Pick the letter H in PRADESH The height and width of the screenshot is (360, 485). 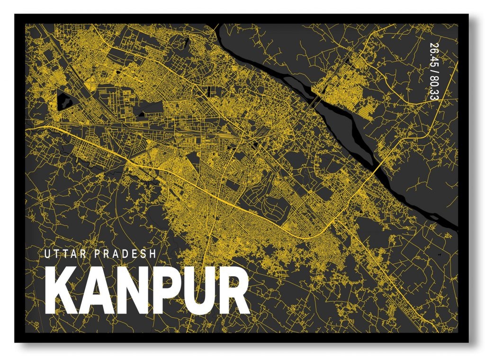click(x=152, y=254)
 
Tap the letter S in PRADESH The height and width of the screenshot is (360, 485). click(x=144, y=254)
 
